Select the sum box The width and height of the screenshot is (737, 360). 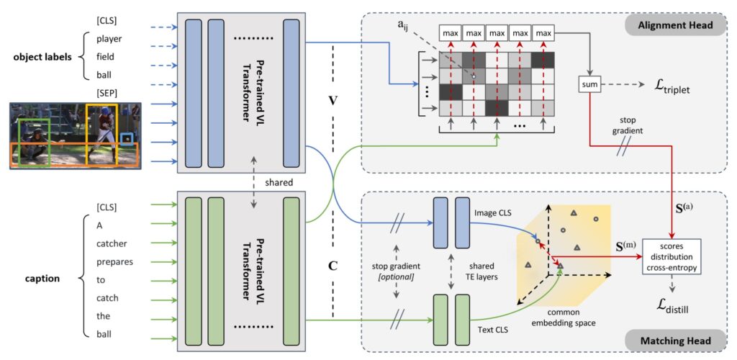589,84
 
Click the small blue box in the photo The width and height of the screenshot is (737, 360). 126,140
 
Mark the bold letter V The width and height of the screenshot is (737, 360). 333,102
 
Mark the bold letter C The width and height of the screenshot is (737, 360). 333,264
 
